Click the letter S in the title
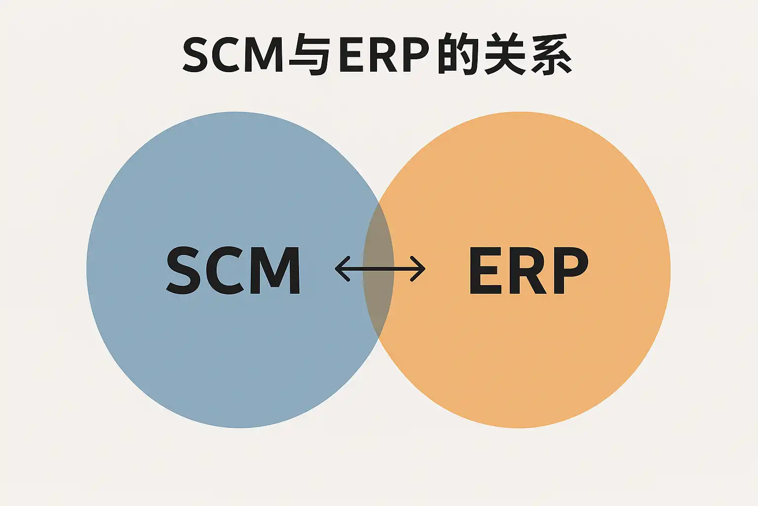198,55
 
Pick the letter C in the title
231,55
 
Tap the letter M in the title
266,55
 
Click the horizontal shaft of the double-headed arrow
380,269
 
